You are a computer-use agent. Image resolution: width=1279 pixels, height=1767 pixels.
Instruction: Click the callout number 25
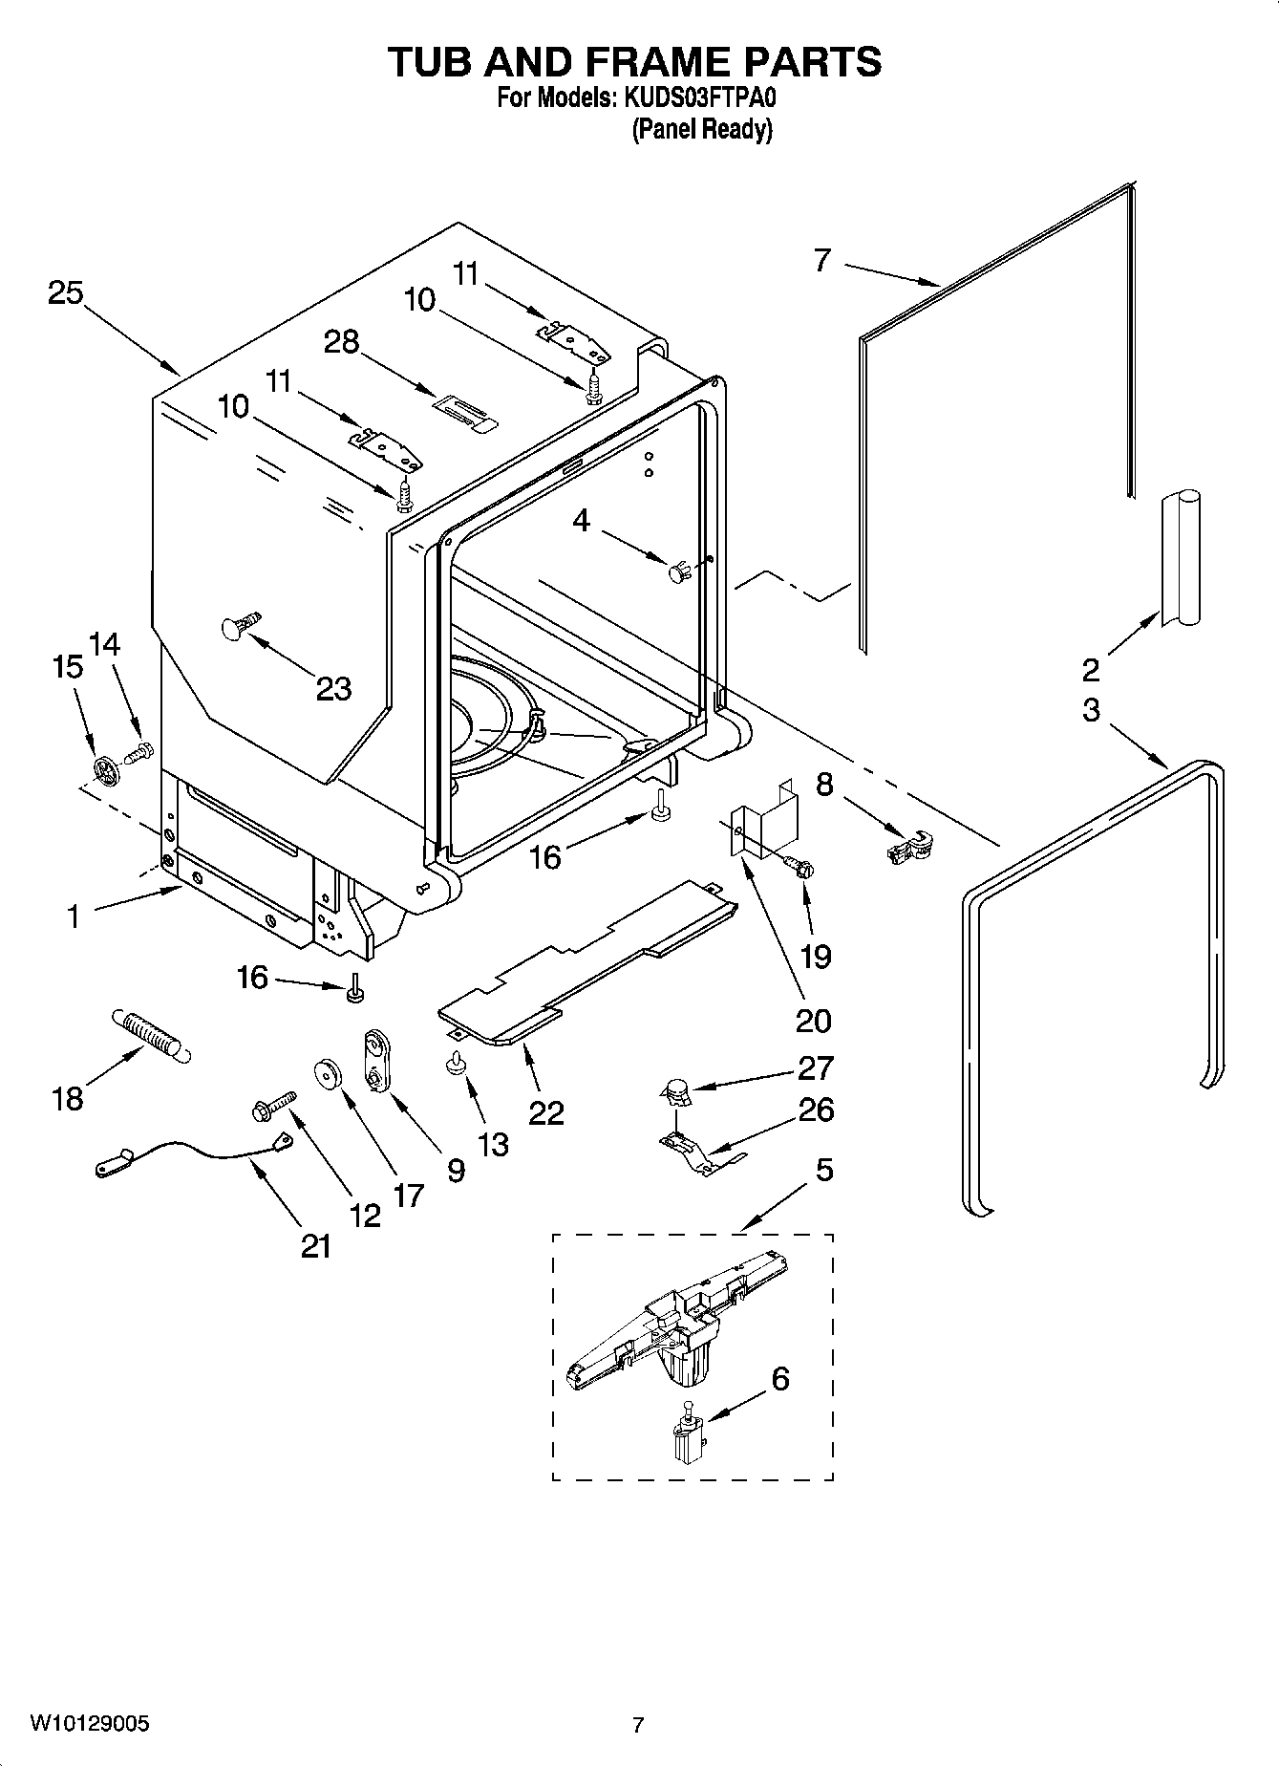[66, 293]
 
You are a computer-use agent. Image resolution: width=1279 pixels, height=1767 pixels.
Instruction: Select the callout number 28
[341, 341]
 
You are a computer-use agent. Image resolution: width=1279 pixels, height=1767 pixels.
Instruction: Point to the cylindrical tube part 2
[1180, 559]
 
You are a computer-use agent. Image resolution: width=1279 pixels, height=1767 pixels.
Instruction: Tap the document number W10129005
[90, 1724]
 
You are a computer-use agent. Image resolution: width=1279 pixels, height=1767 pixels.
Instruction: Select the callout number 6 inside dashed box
[779, 1378]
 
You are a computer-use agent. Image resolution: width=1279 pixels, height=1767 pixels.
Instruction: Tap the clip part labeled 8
[908, 847]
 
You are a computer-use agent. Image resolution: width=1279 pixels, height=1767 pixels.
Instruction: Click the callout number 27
[814, 1067]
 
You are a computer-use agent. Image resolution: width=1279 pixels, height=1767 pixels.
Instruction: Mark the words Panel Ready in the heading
[701, 130]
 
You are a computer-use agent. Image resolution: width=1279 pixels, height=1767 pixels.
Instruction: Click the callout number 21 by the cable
[316, 1245]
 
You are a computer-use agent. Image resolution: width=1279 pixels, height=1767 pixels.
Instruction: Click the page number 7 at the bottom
[638, 1725]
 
